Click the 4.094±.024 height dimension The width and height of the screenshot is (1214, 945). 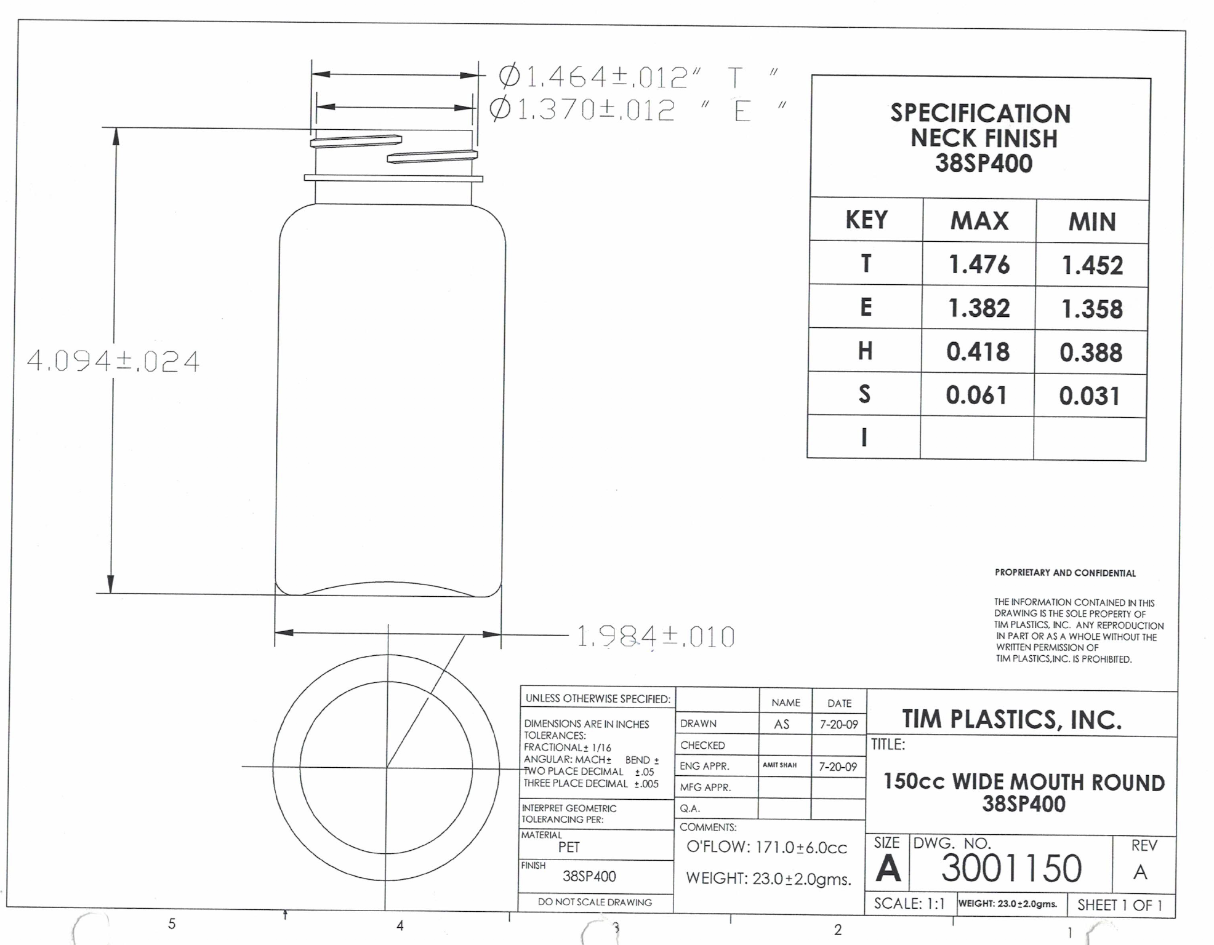[113, 361]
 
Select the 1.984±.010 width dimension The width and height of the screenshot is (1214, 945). [655, 637]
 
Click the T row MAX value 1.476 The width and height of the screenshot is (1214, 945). [979, 265]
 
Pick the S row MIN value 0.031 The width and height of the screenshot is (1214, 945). [1089, 396]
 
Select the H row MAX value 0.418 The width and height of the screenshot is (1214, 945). [978, 352]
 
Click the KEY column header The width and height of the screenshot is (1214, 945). [866, 220]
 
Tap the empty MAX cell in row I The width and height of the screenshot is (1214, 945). [976, 437]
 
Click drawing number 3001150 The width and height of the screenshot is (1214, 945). [1011, 868]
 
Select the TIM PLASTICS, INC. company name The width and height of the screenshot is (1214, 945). [1011, 719]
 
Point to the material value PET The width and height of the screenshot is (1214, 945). [569, 847]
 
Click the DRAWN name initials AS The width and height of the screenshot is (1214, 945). [781, 724]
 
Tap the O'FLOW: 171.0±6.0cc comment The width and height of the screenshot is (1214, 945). [766, 847]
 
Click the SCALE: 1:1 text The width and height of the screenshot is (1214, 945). [909, 903]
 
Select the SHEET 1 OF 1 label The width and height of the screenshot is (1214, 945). [1119, 905]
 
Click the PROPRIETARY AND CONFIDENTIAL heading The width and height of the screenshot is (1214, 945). [1065, 573]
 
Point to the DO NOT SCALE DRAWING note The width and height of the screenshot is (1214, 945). [595, 902]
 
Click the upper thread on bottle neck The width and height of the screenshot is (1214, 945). [356, 142]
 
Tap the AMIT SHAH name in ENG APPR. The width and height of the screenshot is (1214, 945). [779, 765]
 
